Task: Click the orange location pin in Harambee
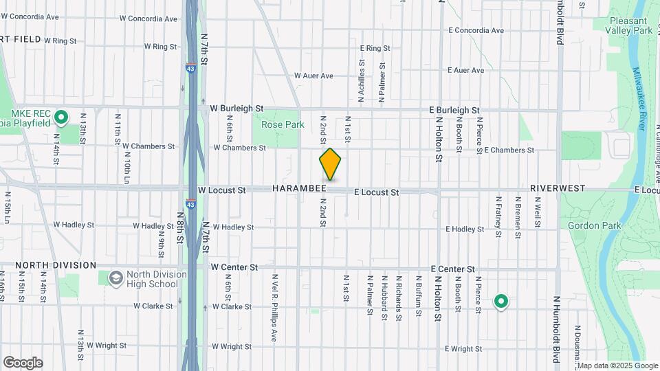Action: click(331, 164)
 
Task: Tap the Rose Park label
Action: click(283, 125)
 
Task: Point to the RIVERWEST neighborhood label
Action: click(558, 188)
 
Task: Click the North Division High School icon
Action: click(115, 278)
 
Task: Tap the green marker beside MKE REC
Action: click(60, 117)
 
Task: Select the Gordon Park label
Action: click(595, 225)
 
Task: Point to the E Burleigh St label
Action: click(454, 110)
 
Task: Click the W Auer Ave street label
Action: click(313, 76)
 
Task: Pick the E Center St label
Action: click(453, 268)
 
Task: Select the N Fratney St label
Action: click(498, 216)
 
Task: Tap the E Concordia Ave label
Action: click(476, 30)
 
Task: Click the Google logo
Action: click(23, 363)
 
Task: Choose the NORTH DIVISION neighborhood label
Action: click(56, 265)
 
